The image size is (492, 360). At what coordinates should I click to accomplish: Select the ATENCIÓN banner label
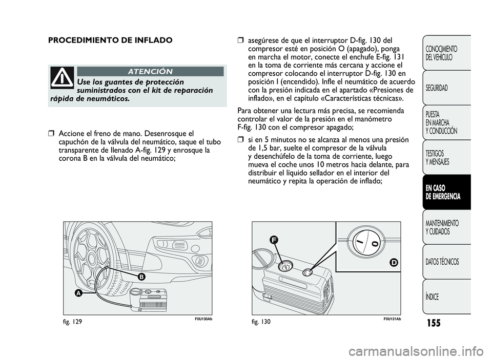point(150,71)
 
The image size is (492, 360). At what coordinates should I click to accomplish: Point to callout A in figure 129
point(79,293)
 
